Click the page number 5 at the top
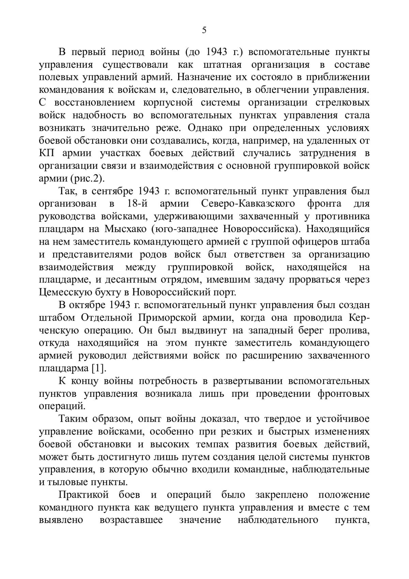pyautogui.click(x=204, y=30)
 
